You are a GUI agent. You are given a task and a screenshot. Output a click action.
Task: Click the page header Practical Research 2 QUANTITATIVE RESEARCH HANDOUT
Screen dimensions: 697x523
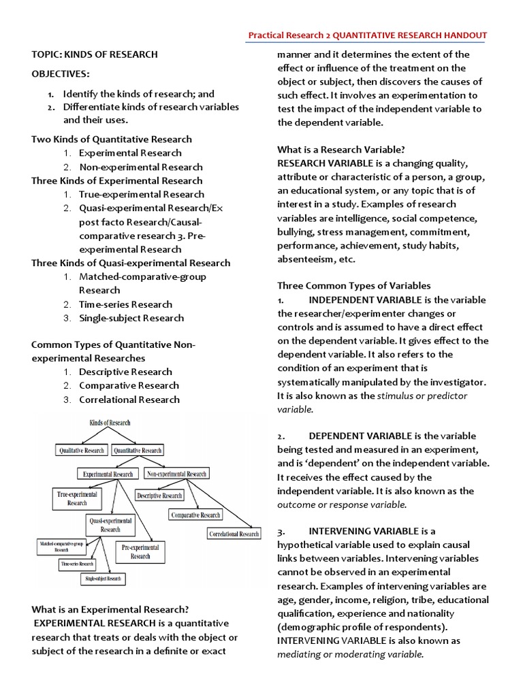pyautogui.click(x=367, y=35)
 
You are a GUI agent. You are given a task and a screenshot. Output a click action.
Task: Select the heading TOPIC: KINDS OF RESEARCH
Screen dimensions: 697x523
pyautogui.click(x=95, y=54)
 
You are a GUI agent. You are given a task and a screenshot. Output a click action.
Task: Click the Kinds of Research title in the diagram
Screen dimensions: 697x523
pyautogui.click(x=110, y=423)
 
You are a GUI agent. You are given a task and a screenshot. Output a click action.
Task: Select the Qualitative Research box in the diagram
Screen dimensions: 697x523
pyautogui.click(x=81, y=450)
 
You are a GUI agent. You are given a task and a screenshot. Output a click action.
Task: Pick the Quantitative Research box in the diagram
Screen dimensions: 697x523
pyautogui.click(x=138, y=450)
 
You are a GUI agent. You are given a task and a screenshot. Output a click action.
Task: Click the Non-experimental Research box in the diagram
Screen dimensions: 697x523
pyautogui.click(x=176, y=473)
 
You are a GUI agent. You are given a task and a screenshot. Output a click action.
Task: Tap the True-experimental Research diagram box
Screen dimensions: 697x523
pyautogui.click(x=77, y=498)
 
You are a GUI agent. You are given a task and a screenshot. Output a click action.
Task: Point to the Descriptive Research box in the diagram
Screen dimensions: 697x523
pyautogui.click(x=159, y=496)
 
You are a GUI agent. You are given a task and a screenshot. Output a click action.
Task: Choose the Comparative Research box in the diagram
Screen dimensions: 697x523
pyautogui.click(x=195, y=515)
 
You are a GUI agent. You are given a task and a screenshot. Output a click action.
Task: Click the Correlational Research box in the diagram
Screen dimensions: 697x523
pyautogui.click(x=234, y=534)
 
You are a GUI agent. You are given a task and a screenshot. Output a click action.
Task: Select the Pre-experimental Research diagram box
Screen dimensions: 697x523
pyautogui.click(x=140, y=551)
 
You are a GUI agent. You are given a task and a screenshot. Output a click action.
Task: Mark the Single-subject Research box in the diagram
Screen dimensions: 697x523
pyautogui.click(x=103, y=579)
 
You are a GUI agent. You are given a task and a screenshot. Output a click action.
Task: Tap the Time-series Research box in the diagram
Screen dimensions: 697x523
pyautogui.click(x=77, y=564)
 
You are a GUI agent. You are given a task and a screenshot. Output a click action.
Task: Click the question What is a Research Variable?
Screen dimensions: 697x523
pyautogui.click(x=341, y=149)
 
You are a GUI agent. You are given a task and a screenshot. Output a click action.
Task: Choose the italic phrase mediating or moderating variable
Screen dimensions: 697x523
pyautogui.click(x=350, y=654)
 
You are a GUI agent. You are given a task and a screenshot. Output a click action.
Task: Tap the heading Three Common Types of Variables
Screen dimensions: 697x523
pyautogui.click(x=353, y=286)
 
